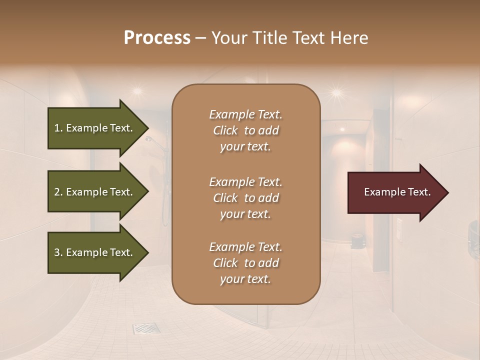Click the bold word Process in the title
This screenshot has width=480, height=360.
point(157,38)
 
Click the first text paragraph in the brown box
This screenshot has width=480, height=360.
point(245,130)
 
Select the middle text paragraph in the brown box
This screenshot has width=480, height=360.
point(245,198)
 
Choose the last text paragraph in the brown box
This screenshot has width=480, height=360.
point(245,263)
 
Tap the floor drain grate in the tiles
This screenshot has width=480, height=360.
point(146,328)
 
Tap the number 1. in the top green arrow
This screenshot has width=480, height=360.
point(58,128)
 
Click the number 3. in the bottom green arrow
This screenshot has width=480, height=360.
point(58,253)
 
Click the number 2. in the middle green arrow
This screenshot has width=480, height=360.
point(58,192)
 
